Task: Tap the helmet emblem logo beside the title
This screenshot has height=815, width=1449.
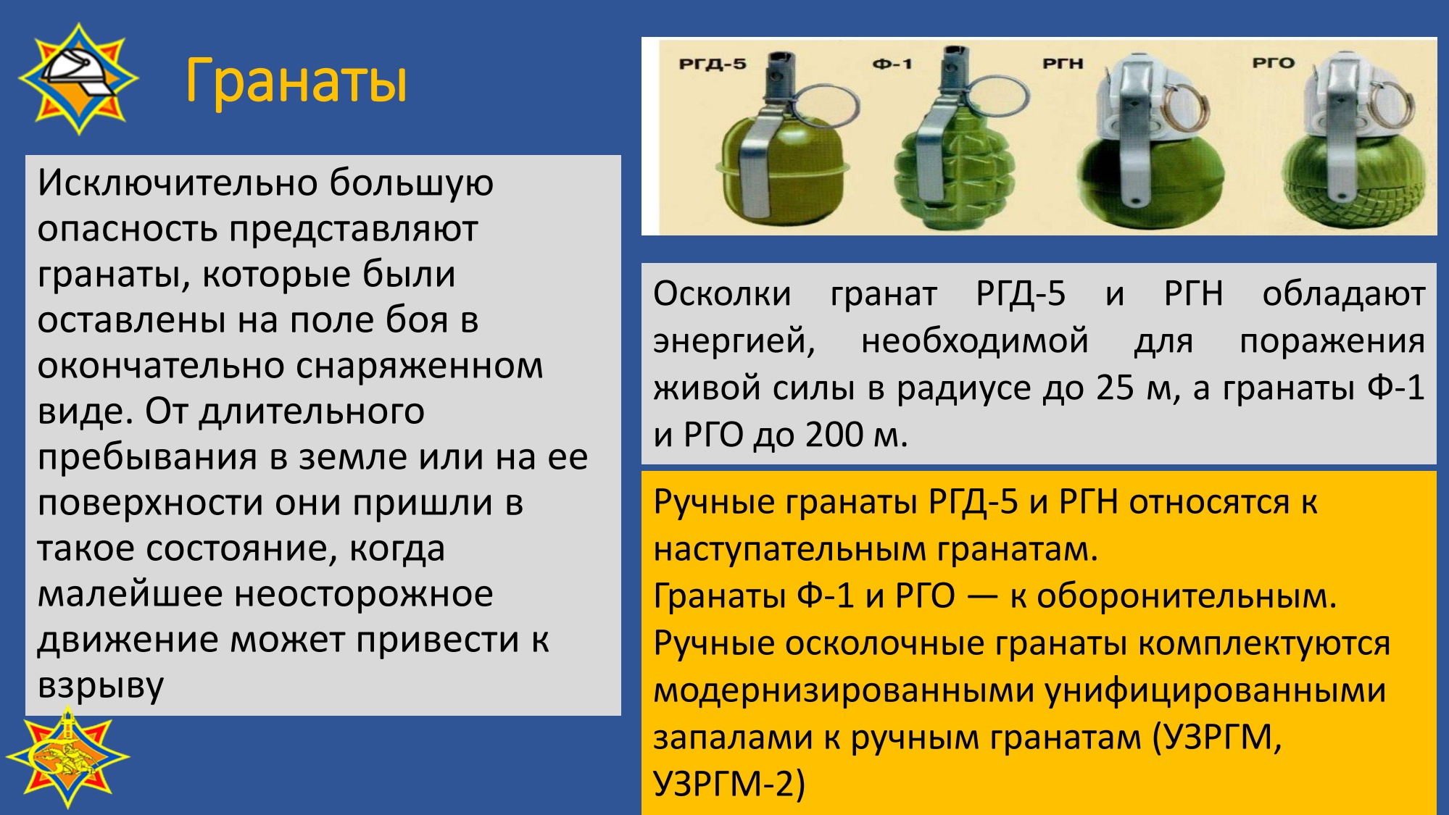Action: (78, 78)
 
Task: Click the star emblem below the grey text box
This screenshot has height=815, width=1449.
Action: (67, 758)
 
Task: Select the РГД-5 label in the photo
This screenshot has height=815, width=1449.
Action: (712, 64)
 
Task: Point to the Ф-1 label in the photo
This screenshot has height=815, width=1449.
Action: (892, 64)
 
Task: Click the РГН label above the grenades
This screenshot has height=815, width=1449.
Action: (1063, 64)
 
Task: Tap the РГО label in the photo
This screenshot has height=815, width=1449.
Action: (1274, 63)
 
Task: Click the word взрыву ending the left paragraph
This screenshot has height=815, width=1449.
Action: (101, 686)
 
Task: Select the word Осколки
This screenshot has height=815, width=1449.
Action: (722, 294)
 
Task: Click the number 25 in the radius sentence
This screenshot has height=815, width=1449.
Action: (1115, 388)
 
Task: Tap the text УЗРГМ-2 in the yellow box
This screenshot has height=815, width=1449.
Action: (728, 784)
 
